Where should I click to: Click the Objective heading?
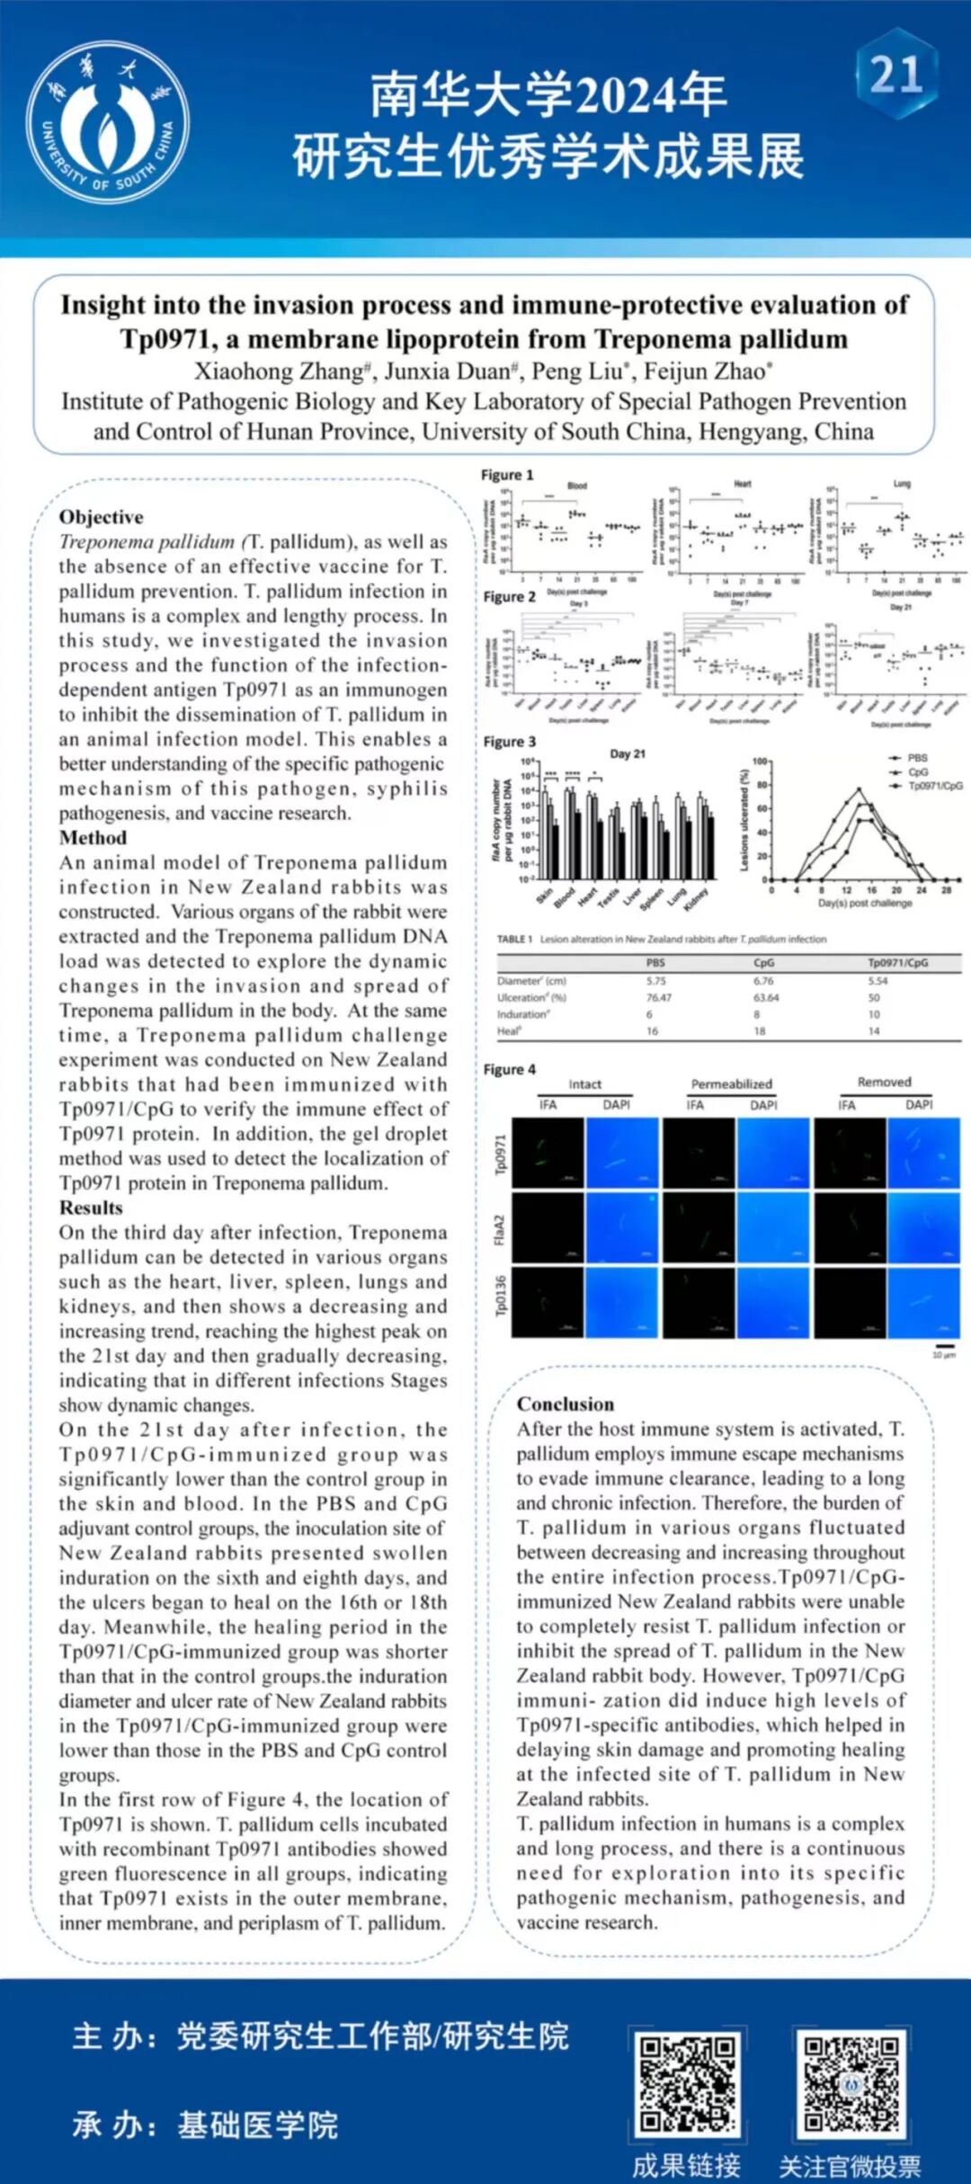click(101, 517)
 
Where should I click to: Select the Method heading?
click(93, 837)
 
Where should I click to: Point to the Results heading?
click(91, 1208)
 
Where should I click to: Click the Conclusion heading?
click(566, 1404)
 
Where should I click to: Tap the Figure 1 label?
click(507, 475)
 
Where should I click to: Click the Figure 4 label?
click(509, 1069)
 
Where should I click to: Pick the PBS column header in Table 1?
click(655, 962)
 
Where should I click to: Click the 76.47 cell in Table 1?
click(658, 997)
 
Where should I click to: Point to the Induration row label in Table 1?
click(522, 1014)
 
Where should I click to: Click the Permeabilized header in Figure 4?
click(731, 1083)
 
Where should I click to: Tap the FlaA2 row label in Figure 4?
click(500, 1230)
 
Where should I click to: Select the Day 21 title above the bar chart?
click(628, 753)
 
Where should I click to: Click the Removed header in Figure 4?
click(884, 1082)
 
